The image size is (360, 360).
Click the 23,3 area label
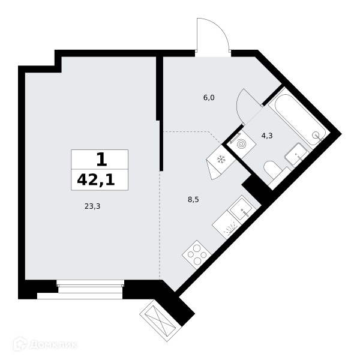[x=92, y=206]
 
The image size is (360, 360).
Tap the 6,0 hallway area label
[x=209, y=98]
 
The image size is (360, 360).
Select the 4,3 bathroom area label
[x=267, y=136]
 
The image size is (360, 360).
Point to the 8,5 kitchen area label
[x=193, y=200]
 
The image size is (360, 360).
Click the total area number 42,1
[x=96, y=179]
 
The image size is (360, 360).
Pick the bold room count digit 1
[x=102, y=160]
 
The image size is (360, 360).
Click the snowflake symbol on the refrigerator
[x=221, y=160]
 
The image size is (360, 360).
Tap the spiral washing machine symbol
[x=241, y=144]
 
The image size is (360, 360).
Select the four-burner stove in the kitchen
[x=197, y=255]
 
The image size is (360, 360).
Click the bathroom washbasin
[x=296, y=154]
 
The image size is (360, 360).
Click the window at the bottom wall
[x=91, y=286]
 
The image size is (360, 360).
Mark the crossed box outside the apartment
[x=161, y=320]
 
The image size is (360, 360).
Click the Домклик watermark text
[x=53, y=345]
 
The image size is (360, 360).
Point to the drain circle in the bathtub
[x=316, y=135]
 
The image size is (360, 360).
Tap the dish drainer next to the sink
[x=226, y=224]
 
